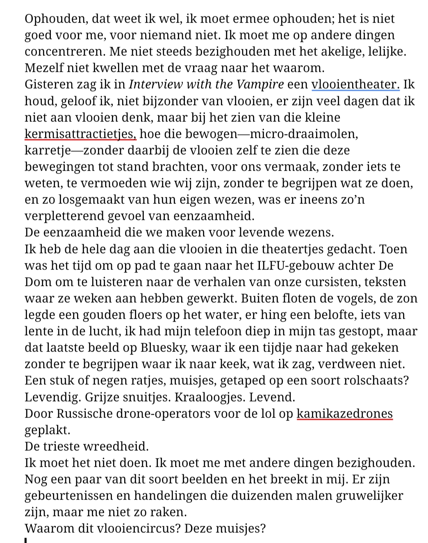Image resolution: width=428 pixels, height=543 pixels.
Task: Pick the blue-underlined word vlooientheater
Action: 355,84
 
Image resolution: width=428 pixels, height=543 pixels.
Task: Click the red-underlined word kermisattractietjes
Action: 80,134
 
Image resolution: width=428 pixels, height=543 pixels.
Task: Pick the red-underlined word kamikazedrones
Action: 344,413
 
